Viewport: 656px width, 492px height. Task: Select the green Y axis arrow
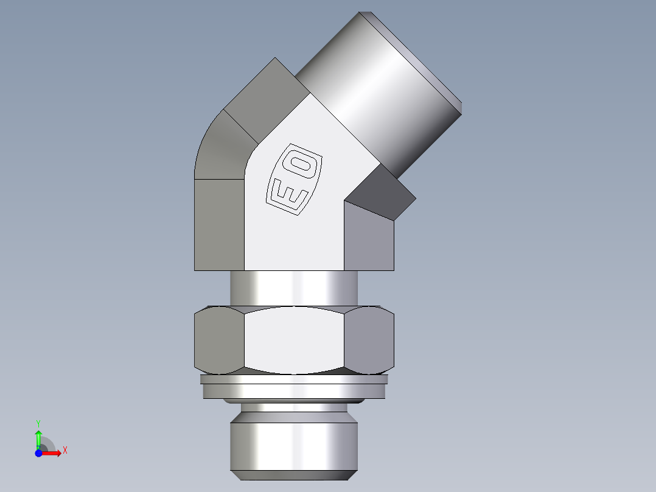38,437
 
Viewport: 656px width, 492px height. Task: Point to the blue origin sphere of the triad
38,453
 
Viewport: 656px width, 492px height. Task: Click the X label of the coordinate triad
65,451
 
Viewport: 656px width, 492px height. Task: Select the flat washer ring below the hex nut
294,387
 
